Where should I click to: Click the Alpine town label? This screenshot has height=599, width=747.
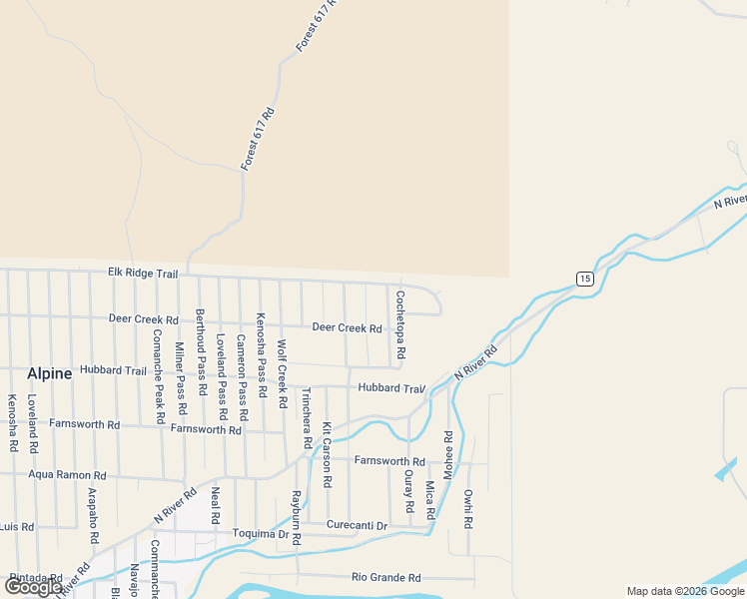pyautogui.click(x=49, y=373)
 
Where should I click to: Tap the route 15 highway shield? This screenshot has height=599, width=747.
pyautogui.click(x=585, y=279)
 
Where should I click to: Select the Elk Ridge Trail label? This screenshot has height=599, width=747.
pyautogui.click(x=143, y=273)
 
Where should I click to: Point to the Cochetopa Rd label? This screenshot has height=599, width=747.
pyautogui.click(x=399, y=324)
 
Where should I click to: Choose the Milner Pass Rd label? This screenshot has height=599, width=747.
pyautogui.click(x=180, y=378)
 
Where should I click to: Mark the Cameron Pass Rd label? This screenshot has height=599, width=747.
pyautogui.click(x=242, y=377)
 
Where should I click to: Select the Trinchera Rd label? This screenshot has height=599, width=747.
pyautogui.click(x=307, y=417)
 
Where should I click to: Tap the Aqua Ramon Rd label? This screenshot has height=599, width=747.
pyautogui.click(x=68, y=475)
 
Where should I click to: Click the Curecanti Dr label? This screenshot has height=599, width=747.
pyautogui.click(x=356, y=525)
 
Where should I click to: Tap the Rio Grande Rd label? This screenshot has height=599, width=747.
pyautogui.click(x=385, y=577)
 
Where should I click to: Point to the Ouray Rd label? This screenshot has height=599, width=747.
pyautogui.click(x=409, y=492)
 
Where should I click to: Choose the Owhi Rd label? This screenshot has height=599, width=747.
pyautogui.click(x=467, y=507)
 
